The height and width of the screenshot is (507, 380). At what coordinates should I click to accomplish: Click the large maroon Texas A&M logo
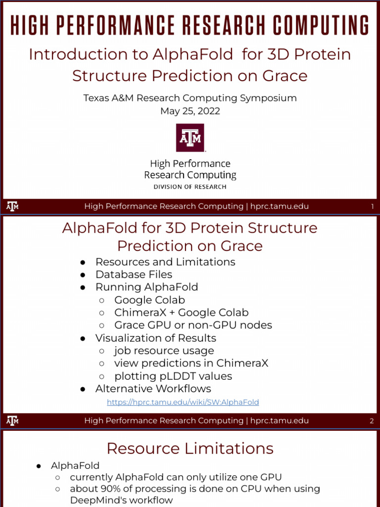[x=190, y=138]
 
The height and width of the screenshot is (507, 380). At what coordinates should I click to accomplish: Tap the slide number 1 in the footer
[x=372, y=206]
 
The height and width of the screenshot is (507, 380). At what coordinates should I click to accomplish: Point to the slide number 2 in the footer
[x=372, y=421]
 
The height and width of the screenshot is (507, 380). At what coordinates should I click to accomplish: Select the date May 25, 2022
[x=190, y=111]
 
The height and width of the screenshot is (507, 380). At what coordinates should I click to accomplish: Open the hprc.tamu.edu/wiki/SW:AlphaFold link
[x=183, y=402]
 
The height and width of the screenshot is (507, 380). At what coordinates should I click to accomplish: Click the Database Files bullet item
[x=134, y=274]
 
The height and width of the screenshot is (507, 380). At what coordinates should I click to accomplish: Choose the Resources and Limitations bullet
[x=165, y=262]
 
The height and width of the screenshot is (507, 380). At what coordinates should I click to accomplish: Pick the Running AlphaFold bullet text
[x=146, y=287]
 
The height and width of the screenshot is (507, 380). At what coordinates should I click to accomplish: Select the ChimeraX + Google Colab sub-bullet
[x=181, y=312]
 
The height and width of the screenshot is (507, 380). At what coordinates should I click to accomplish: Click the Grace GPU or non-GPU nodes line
[x=193, y=325]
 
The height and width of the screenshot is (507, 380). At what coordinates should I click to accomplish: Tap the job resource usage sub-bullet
[x=164, y=351]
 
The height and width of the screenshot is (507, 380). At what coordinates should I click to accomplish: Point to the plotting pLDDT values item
[x=173, y=376]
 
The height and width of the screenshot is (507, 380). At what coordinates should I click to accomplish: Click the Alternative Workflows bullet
[x=153, y=389]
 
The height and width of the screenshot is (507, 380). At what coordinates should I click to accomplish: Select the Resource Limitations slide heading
[x=190, y=449]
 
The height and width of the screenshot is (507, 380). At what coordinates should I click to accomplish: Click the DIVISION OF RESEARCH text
[x=190, y=187]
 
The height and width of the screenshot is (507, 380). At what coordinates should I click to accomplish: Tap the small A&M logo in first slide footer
[x=13, y=206]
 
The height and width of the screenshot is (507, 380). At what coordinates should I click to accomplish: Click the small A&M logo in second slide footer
[x=13, y=421]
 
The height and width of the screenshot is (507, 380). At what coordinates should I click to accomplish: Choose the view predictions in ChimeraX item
[x=191, y=363]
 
